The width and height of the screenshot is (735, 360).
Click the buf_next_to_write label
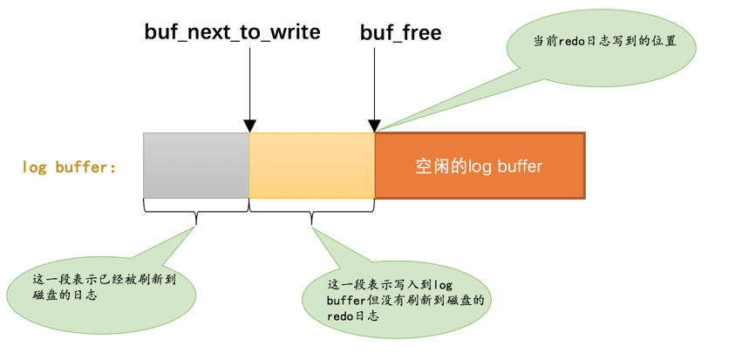(x=232, y=32)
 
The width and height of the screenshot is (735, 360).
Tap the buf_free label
(x=401, y=32)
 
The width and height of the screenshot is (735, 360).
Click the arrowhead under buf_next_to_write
(x=250, y=126)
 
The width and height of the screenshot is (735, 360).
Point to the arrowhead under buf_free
(x=374, y=126)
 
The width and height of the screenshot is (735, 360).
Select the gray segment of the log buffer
(x=196, y=166)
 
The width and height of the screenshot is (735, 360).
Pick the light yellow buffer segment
(x=312, y=166)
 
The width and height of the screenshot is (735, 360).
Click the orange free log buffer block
(x=480, y=166)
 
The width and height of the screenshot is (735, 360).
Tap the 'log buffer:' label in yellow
(x=69, y=166)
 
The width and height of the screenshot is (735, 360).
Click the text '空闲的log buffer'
(x=479, y=166)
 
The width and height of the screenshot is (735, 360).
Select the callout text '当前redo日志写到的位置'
(x=604, y=41)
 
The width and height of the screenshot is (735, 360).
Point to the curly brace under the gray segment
(x=196, y=211)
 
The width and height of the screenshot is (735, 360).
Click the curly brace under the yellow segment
(x=312, y=211)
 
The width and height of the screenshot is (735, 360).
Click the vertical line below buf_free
(x=374, y=85)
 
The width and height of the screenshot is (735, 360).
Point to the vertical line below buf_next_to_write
(x=250, y=85)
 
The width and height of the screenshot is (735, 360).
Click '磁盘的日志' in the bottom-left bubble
(x=65, y=295)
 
